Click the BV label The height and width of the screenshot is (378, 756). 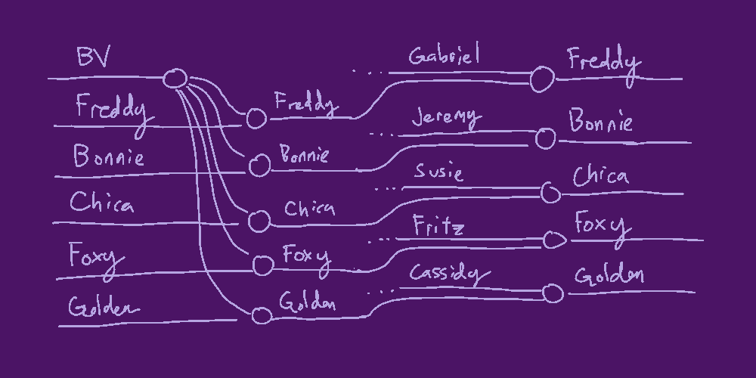pos(94,57)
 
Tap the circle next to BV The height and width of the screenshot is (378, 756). pos(175,79)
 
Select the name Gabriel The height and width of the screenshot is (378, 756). pos(444,57)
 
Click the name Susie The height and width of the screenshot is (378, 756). pos(438,173)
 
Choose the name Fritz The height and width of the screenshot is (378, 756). pos(438,225)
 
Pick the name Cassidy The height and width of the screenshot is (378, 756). pos(445,274)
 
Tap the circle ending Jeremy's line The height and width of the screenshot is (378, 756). pos(545,138)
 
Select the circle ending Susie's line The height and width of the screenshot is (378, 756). pos(550,194)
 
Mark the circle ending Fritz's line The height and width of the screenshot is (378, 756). pos(554,240)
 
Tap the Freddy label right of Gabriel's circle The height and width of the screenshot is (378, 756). pos(603,61)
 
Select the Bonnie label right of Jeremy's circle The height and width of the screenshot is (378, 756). pos(601,122)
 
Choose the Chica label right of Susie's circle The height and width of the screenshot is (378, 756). pos(600,177)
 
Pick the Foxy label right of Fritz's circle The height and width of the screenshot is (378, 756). pos(602,225)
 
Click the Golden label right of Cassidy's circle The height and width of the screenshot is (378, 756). pos(609,275)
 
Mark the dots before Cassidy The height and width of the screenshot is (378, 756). pos(382,290)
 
